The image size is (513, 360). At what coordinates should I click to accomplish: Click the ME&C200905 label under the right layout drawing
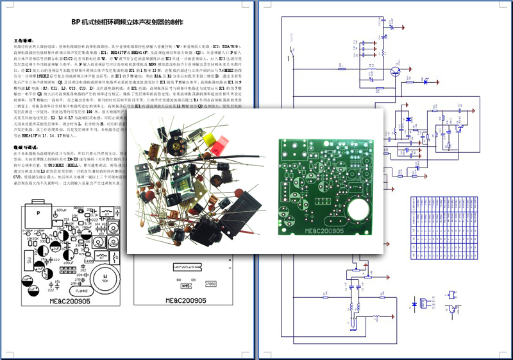(185, 300)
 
